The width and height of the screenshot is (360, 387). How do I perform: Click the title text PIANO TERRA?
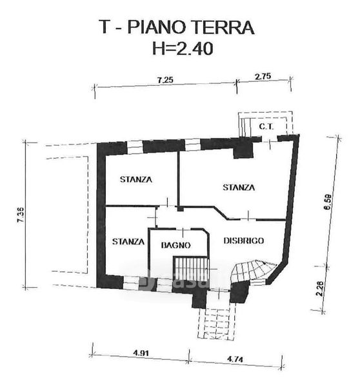[x=190, y=27]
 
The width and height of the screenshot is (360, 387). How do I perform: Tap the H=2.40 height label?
[x=183, y=48]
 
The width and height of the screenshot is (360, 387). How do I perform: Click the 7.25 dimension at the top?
[x=165, y=80]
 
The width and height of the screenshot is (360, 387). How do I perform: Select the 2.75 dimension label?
[x=263, y=76]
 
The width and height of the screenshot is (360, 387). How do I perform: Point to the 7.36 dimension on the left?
[x=21, y=215]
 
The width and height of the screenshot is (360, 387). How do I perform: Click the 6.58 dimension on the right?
[x=328, y=201]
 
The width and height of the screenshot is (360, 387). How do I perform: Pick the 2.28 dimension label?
[x=320, y=288]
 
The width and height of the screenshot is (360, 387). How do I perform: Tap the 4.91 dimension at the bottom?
[x=141, y=353]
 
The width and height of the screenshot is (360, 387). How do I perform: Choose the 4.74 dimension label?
[x=235, y=359]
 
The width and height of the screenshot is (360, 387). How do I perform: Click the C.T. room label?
[x=266, y=127]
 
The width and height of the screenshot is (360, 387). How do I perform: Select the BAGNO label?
[x=175, y=245]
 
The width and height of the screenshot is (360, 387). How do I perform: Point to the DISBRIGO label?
[x=244, y=241]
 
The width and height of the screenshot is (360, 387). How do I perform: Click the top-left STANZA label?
[x=135, y=179]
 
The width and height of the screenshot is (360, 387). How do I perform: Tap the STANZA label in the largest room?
[x=239, y=188]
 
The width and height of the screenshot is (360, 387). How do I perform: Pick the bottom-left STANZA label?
[x=128, y=241]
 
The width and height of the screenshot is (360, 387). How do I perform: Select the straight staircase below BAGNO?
[x=191, y=268]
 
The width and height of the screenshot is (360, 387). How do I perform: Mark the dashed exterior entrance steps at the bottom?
[x=217, y=324]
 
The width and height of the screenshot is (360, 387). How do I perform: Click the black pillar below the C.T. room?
[x=243, y=150]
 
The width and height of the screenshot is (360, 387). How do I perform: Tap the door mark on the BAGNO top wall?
[x=183, y=232]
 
